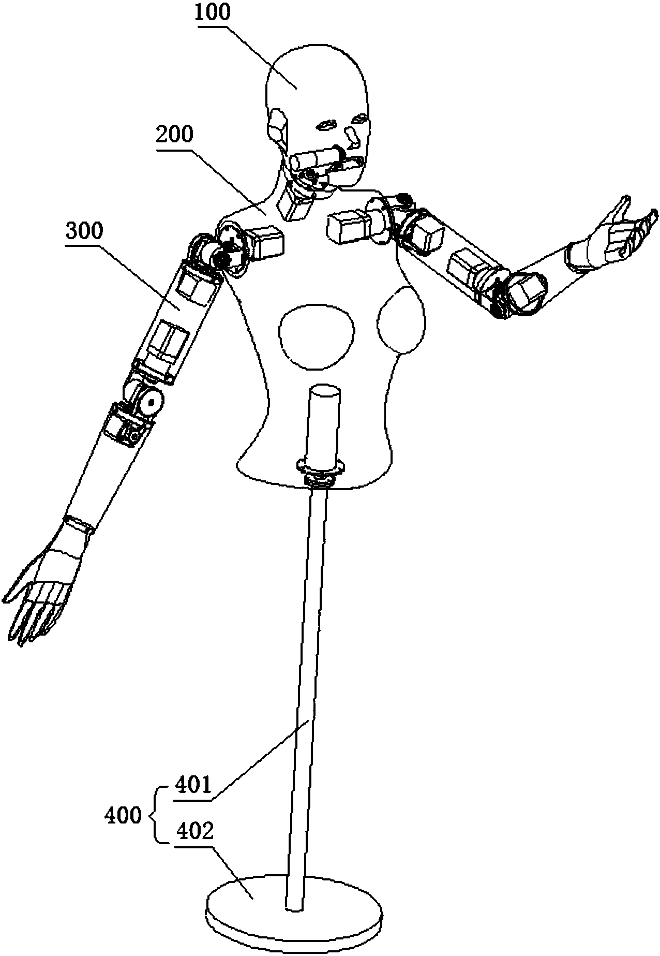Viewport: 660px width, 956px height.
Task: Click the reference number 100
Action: pyautogui.click(x=213, y=12)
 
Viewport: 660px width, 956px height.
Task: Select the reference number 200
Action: pyautogui.click(x=173, y=135)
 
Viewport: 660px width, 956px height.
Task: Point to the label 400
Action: pyautogui.click(x=123, y=816)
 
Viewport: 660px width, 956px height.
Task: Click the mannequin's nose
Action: pyautogui.click(x=353, y=137)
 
